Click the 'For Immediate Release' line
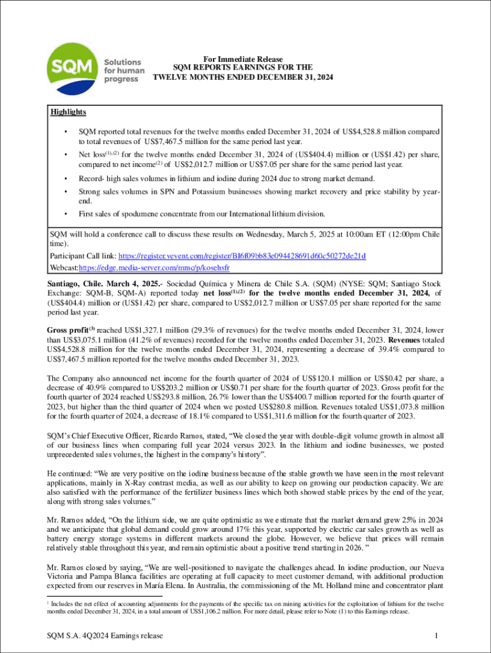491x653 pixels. click(x=243, y=59)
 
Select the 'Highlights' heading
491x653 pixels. click(x=68, y=112)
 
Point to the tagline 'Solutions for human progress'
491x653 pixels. click(x=124, y=71)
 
